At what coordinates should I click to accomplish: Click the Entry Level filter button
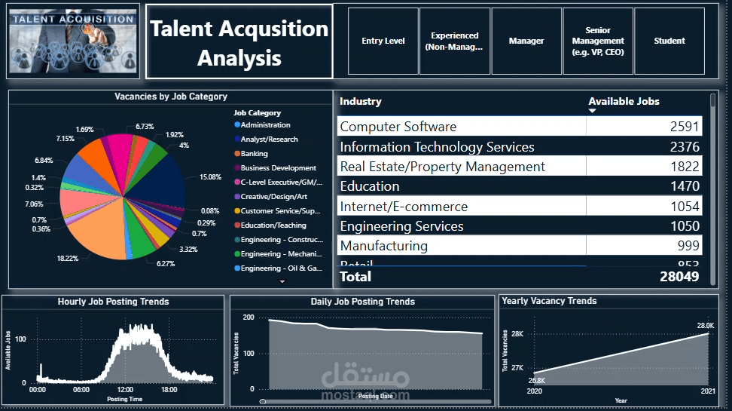tap(383, 41)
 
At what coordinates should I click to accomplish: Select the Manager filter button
tap(526, 41)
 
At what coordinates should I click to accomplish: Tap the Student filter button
tap(669, 41)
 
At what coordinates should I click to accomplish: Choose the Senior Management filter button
tap(598, 41)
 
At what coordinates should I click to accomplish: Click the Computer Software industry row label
tap(398, 127)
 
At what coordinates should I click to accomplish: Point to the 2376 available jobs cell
tap(685, 147)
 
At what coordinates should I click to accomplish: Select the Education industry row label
tap(370, 186)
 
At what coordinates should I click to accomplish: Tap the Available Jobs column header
tap(624, 102)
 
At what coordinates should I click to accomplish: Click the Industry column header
tap(361, 102)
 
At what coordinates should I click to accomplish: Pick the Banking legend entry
tap(254, 154)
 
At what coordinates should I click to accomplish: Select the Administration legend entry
tap(265, 125)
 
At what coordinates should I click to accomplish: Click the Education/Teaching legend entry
tap(273, 225)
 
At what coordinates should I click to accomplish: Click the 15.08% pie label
tap(209, 177)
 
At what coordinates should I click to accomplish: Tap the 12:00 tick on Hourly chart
tap(125, 390)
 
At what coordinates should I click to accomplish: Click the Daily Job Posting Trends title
tap(362, 302)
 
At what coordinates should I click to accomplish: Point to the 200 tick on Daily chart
tap(249, 317)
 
